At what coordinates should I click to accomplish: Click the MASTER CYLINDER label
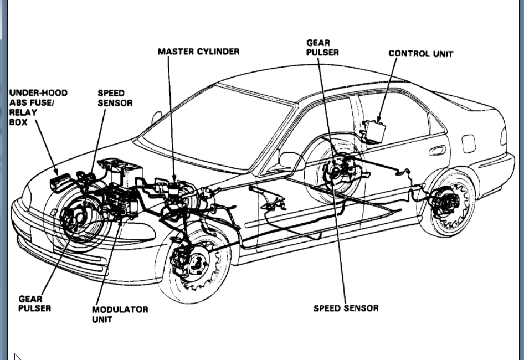coord(198,52)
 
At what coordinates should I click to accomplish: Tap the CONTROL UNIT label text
coord(420,54)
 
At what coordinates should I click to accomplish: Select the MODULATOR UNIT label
coord(120,314)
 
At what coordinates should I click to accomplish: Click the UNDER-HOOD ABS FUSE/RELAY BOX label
coord(38,107)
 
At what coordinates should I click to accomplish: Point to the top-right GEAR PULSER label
coord(322,47)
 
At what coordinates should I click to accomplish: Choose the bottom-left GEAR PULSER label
coord(34,303)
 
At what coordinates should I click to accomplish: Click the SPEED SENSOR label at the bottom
coord(346,308)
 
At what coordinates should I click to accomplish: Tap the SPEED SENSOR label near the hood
coord(115,98)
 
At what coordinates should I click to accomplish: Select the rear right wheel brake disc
coord(446,203)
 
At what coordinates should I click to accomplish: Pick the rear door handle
coord(436,151)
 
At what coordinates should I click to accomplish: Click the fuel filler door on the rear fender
coord(469,143)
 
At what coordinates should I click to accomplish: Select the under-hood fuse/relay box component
coord(60,182)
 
